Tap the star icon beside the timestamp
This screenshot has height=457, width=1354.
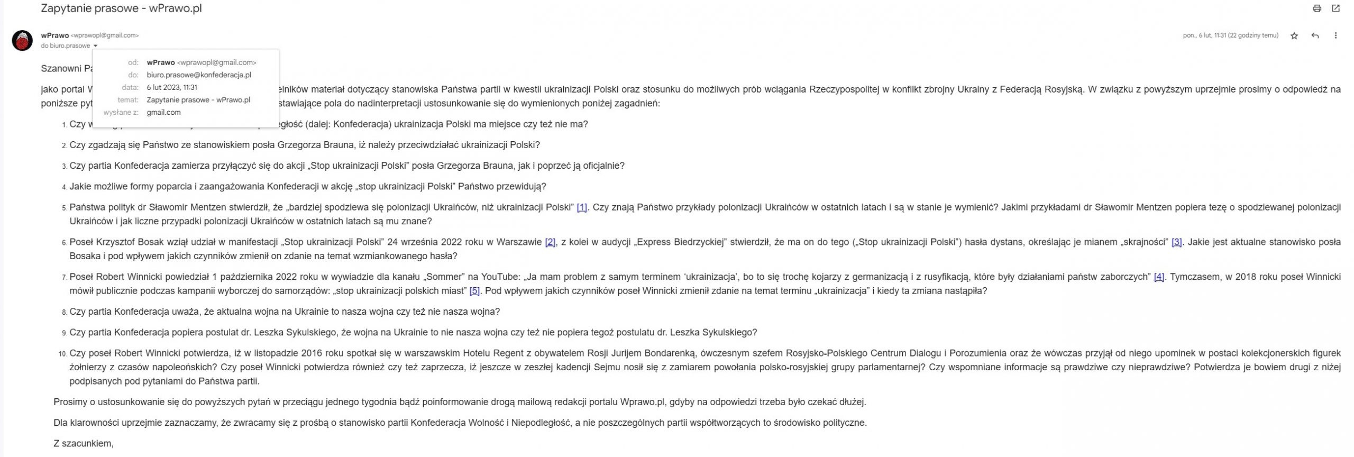click(x=1294, y=36)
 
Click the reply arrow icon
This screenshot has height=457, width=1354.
click(x=1315, y=36)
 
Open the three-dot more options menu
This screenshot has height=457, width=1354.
click(x=1335, y=36)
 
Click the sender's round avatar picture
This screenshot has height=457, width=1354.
click(x=22, y=41)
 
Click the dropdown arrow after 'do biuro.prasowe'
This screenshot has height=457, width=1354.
click(x=95, y=46)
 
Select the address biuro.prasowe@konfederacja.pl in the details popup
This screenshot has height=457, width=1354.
click(x=199, y=75)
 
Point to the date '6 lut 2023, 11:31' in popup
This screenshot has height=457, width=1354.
click(x=172, y=87)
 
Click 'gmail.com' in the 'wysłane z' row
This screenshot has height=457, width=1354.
click(x=163, y=112)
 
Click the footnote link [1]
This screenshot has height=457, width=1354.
click(x=581, y=207)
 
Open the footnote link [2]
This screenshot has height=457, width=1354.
click(x=550, y=242)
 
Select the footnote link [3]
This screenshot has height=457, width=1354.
click(x=1176, y=242)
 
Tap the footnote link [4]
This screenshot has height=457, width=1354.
click(x=1158, y=277)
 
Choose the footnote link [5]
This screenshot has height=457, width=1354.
click(x=474, y=291)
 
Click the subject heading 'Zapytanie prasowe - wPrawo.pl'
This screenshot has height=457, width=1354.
click(x=121, y=8)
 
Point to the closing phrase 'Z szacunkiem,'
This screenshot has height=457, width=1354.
click(x=84, y=443)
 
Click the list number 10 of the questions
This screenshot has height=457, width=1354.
click(x=62, y=354)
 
